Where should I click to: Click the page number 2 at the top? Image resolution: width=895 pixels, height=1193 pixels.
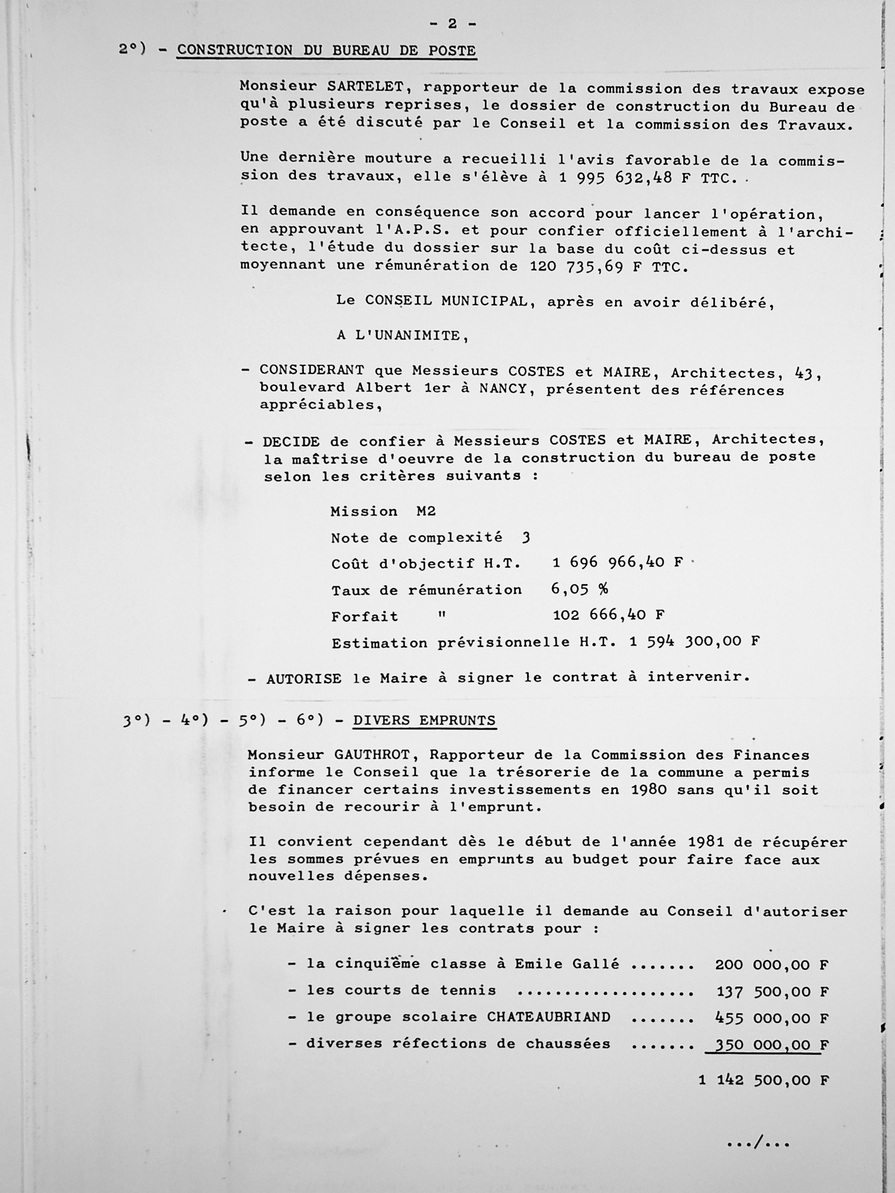coord(452,23)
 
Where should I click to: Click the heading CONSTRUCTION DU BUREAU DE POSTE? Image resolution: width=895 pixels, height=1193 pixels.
coord(326,51)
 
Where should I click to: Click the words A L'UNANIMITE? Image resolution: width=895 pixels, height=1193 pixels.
coord(403,335)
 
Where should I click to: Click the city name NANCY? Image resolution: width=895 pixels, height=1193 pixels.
coord(503,388)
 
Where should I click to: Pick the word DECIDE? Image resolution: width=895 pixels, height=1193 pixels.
coord(292,441)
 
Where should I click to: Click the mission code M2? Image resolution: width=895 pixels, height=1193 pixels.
coord(426,511)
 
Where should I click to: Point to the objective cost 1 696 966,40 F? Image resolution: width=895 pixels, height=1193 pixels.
coord(617,562)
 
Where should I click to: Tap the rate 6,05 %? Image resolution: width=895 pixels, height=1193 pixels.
coord(579,589)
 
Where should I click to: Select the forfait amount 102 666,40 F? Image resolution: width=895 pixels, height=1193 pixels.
coord(608,615)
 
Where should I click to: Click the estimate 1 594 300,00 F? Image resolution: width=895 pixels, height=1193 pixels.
coord(694,641)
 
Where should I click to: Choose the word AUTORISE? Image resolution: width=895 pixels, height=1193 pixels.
coord(304,679)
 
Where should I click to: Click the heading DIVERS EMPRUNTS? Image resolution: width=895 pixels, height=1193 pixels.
coord(424,720)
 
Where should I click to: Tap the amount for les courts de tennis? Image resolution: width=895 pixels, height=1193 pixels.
coord(772,991)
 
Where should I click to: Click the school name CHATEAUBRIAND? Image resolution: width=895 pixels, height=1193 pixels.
coord(548,1017)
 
